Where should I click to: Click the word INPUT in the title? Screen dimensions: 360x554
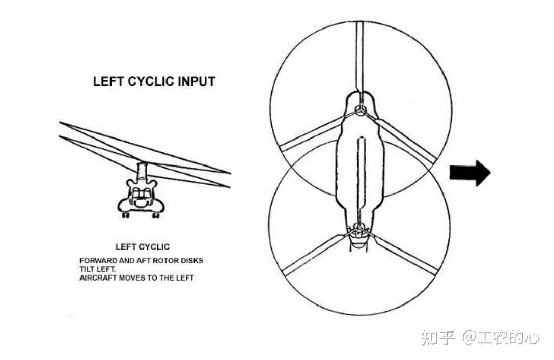(197, 81)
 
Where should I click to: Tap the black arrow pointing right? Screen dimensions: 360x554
(469, 173)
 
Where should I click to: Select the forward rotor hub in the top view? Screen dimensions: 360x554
(360, 111)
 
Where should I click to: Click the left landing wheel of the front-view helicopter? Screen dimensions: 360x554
(126, 215)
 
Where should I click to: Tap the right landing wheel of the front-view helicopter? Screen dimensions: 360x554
(156, 215)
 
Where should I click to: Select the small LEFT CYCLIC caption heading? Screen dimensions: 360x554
(143, 247)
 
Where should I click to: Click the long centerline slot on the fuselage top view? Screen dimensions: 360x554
(360, 173)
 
